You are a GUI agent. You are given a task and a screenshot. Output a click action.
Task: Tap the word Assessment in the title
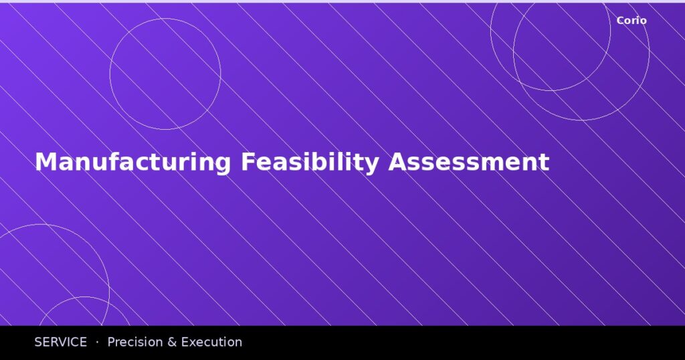click(469, 163)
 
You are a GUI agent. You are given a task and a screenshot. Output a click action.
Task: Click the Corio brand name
click(631, 21)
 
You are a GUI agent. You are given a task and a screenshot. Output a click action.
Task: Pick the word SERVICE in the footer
click(60, 342)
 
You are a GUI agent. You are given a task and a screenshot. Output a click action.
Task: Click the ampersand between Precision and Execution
click(171, 342)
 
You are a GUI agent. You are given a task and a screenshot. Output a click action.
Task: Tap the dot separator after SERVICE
click(97, 342)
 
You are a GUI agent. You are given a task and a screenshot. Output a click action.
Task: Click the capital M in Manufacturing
click(43, 163)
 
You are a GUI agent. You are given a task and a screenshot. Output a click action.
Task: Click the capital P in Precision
click(111, 342)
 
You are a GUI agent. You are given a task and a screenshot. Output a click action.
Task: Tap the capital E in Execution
click(185, 342)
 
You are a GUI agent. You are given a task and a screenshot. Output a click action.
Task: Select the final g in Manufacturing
click(223, 165)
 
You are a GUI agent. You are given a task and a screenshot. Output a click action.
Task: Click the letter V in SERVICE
click(64, 342)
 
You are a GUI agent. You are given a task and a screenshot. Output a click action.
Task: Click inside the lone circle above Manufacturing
click(165, 74)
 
